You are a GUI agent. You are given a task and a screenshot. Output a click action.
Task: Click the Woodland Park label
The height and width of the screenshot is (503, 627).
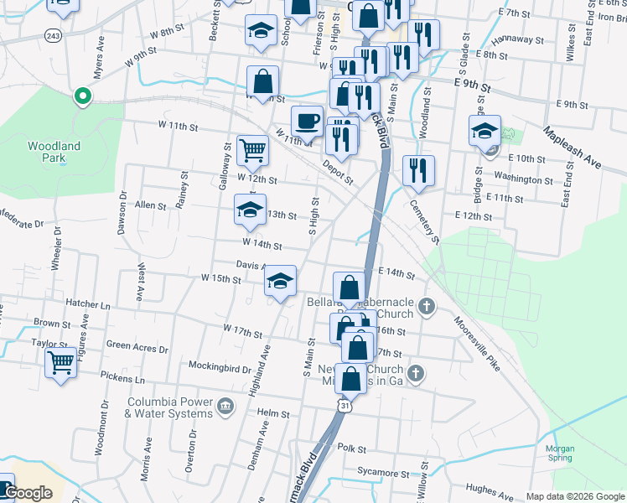[x=54, y=151]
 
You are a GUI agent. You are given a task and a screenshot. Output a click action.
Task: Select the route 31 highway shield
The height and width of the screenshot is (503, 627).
[x=344, y=405]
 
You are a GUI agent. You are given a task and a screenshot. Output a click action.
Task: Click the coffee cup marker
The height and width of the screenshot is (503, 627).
[x=307, y=121]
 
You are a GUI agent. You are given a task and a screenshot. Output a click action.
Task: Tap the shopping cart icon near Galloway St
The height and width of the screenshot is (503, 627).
[x=252, y=151]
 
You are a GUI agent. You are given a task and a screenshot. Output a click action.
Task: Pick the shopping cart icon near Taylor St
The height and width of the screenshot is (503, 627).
[x=60, y=364]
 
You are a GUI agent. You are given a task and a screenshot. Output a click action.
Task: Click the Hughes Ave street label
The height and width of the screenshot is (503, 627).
[x=489, y=492]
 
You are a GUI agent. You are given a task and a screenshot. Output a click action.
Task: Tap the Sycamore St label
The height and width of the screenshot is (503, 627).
[x=382, y=472]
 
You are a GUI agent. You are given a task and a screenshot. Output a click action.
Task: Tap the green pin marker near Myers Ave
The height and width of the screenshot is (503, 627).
[x=82, y=96]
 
